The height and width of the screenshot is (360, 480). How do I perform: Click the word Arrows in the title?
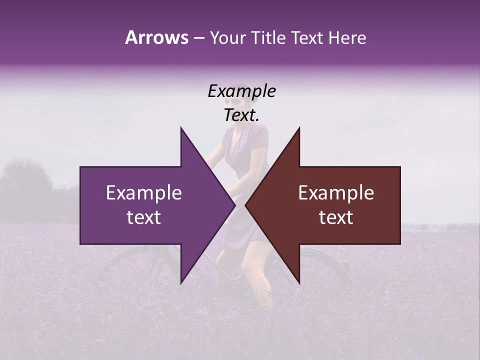pos(156,37)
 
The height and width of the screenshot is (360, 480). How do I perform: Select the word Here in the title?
pos(347,37)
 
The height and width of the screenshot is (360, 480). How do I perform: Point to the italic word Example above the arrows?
pos(241,91)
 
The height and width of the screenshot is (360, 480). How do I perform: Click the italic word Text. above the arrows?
pos(241,115)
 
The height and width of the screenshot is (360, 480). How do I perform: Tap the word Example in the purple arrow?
pos(144,193)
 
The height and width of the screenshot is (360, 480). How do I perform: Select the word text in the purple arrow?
pos(144,217)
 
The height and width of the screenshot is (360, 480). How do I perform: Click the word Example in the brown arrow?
pos(336,193)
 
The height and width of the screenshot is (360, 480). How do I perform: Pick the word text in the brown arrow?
pos(336,217)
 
